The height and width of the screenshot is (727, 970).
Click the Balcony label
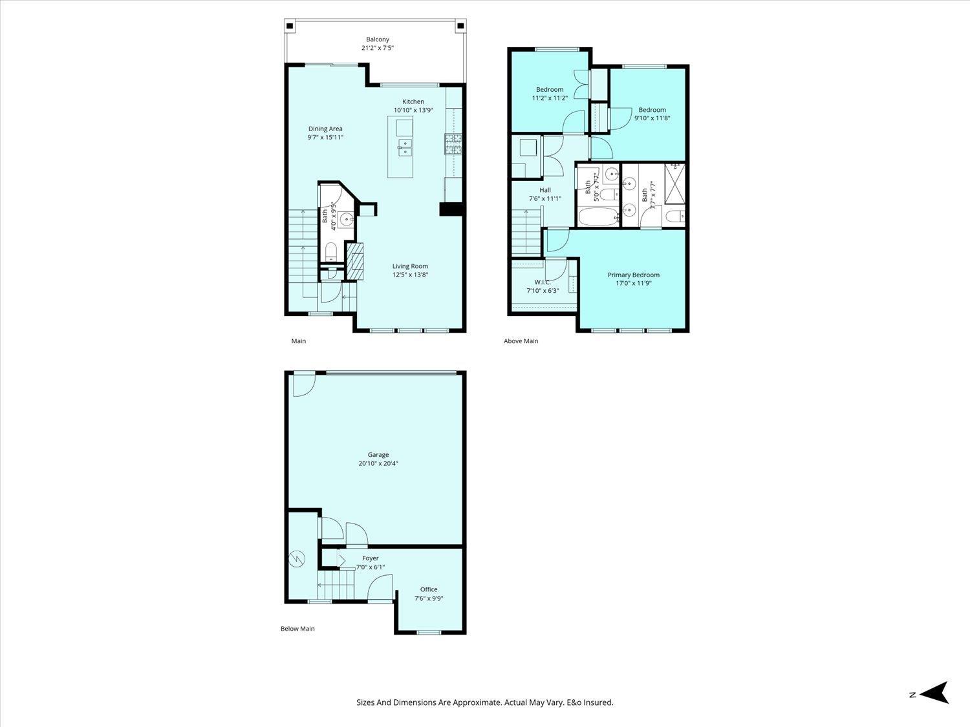(378, 39)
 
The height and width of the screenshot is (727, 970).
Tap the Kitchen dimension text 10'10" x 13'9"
(413, 110)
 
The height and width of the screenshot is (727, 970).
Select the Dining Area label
(325, 129)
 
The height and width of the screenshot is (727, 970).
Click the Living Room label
(410, 266)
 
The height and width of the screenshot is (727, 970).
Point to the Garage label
(378, 455)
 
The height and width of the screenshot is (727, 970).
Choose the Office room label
(429, 589)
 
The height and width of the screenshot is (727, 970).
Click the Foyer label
(371, 558)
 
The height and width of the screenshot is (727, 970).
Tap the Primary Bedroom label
(633, 275)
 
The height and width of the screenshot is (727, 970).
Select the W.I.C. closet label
(542, 282)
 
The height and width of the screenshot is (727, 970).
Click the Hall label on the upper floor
(545, 190)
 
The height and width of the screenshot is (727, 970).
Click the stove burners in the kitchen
(453, 144)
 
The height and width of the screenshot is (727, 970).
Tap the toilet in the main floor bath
(331, 252)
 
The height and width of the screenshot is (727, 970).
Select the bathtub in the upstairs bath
(598, 218)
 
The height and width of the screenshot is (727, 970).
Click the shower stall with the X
(675, 184)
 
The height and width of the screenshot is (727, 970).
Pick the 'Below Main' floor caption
(297, 629)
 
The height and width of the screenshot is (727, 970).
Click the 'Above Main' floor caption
(521, 341)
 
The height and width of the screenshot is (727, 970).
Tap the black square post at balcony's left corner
(290, 26)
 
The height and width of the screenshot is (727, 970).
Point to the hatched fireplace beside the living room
(355, 261)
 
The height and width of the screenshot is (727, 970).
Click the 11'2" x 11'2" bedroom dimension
(550, 98)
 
